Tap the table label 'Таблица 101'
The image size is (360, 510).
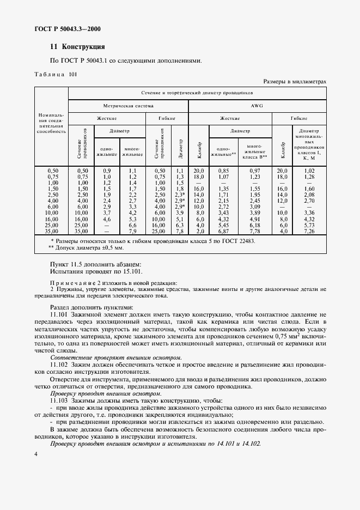[x=56, y=75]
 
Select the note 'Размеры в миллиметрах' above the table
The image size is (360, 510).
[x=295, y=82]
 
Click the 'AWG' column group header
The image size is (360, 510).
[x=257, y=105]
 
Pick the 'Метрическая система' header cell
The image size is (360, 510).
[x=129, y=105]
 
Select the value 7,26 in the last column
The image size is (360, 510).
[x=309, y=232]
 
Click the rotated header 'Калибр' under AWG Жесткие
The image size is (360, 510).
[x=199, y=146]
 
